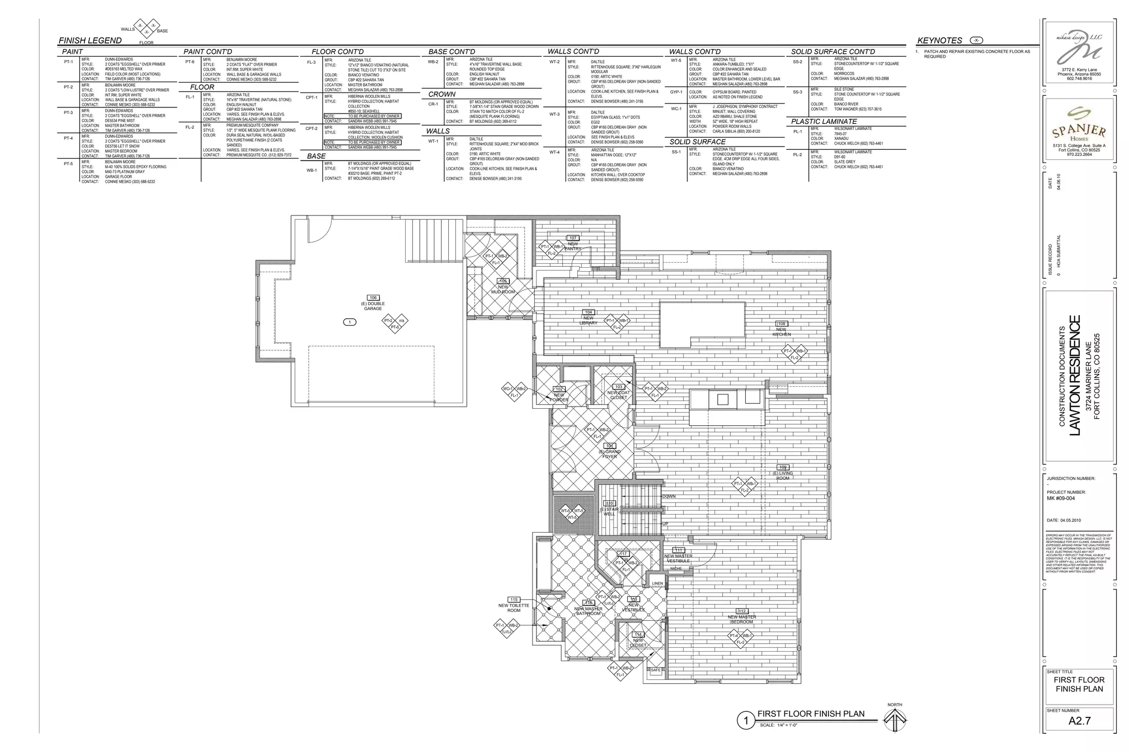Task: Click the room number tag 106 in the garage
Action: tap(373, 297)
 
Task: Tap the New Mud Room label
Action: tap(503, 289)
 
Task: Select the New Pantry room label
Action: tap(573, 246)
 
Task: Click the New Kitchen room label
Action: tap(781, 332)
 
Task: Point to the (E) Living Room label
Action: tap(783, 475)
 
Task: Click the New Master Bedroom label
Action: tap(741, 619)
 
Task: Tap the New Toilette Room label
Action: tap(513, 608)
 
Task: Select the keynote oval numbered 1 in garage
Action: tap(350, 322)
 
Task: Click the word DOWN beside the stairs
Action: tap(669, 496)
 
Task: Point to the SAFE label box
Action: tap(655, 670)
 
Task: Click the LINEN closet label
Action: tap(658, 583)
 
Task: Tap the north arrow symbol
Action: tap(895, 719)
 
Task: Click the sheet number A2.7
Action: tap(1079, 721)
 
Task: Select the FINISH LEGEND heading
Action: tap(90, 40)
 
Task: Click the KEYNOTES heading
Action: tap(939, 40)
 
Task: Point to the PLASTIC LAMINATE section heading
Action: tap(824, 121)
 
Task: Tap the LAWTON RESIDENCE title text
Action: tap(1075, 375)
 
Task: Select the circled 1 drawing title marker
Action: tap(746, 721)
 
